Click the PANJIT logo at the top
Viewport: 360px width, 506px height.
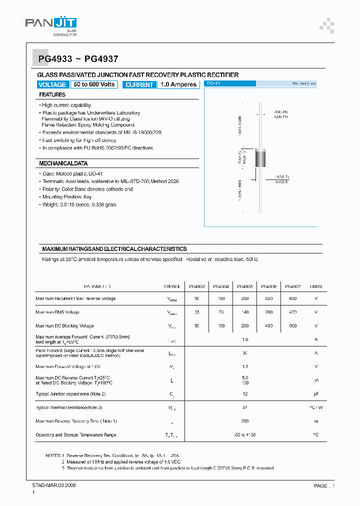click(x=50, y=24)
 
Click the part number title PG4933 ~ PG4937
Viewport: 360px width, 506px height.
click(x=78, y=59)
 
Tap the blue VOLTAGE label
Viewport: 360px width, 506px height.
click(x=52, y=84)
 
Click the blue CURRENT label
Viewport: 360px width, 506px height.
click(x=139, y=84)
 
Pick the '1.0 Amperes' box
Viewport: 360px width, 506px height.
click(x=178, y=84)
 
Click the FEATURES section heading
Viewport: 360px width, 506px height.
click(x=52, y=94)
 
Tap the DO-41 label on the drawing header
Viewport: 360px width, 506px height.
click(x=214, y=83)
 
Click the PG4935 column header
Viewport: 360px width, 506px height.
click(x=244, y=286)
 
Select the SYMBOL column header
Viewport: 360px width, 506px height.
click(x=171, y=286)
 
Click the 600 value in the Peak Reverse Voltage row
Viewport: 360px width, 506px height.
click(x=292, y=298)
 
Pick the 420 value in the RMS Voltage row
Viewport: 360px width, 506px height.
click(x=292, y=312)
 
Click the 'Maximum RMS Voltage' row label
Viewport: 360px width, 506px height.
click(x=57, y=312)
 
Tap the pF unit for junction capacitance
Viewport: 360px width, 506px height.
click(x=316, y=394)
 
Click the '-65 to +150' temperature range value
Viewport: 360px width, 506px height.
click(x=245, y=435)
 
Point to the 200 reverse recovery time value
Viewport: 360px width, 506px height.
click(x=245, y=421)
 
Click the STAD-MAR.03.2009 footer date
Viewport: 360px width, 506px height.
click(x=50, y=485)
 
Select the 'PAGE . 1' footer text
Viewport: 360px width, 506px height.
click(x=324, y=485)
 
